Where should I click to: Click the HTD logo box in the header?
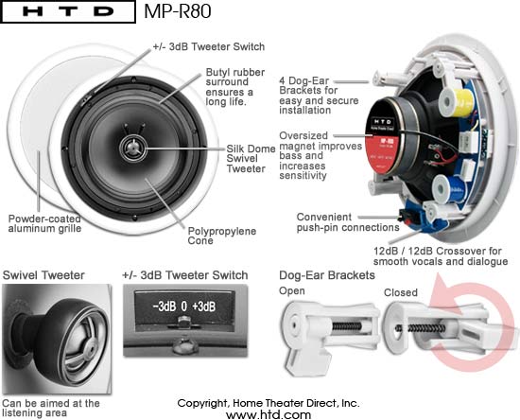68,11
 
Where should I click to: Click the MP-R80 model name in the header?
178,11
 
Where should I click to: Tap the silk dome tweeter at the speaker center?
133,148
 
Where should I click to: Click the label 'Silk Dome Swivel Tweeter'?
251,159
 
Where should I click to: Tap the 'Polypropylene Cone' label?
222,236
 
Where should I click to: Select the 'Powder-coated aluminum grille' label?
44,223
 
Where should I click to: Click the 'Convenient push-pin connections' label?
348,222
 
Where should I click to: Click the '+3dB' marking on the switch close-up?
204,306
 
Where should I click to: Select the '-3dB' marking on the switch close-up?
165,306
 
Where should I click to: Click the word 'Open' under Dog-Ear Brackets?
292,291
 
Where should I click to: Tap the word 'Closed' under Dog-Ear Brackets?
401,292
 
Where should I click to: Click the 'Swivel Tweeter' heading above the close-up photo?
43,275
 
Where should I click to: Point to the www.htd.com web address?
269,414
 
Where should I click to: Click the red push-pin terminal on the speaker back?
406,216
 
